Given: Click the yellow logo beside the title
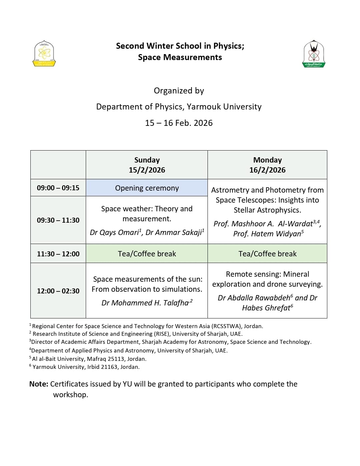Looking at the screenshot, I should pyautogui.click(x=44, y=53).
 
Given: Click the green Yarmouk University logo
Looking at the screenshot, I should pyautogui.click(x=314, y=54).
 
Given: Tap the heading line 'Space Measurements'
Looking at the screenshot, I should pyautogui.click(x=180, y=57).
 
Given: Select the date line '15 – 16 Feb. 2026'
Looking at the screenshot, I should pyautogui.click(x=179, y=123).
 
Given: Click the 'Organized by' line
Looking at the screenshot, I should pyautogui.click(x=179, y=91).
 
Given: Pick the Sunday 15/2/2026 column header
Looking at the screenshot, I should pyautogui.click(x=147, y=165).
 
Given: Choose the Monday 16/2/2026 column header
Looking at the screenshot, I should pyautogui.click(x=267, y=165).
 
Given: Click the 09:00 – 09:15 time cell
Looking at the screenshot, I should pyautogui.click(x=58, y=188).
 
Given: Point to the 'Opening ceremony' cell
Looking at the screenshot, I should pyautogui.click(x=147, y=188).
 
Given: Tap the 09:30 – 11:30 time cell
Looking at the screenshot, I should pyautogui.click(x=58, y=220).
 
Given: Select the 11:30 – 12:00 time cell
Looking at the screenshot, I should pyautogui.click(x=58, y=254).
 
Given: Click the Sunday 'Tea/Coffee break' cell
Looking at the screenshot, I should pyautogui.click(x=147, y=254).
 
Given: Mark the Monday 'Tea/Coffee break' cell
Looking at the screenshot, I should pyautogui.click(x=267, y=254).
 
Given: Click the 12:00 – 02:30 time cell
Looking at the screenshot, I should pyautogui.click(x=58, y=291).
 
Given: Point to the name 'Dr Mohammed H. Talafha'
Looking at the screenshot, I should pyautogui.click(x=145, y=303).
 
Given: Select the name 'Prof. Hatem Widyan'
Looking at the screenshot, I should pyautogui.click(x=267, y=234).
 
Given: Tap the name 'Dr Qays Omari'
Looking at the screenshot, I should pyautogui.click(x=114, y=233).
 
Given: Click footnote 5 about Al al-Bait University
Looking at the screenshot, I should pyautogui.click(x=89, y=359).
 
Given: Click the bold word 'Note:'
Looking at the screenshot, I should pyautogui.click(x=39, y=384).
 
